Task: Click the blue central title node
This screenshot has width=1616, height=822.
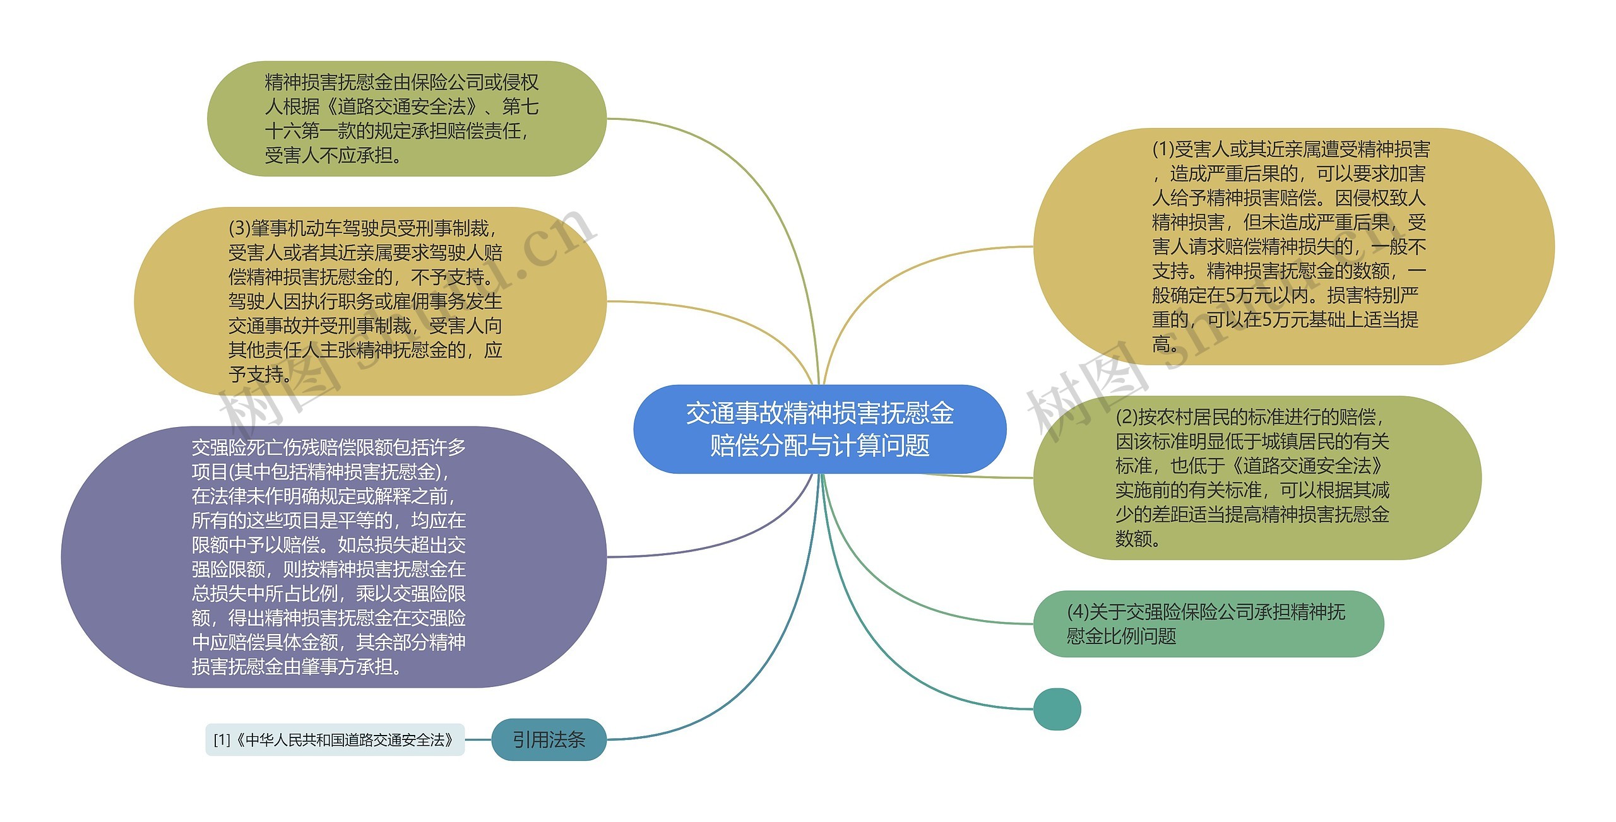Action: pyautogui.click(x=819, y=429)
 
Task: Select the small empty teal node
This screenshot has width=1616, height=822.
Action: pyautogui.click(x=1057, y=709)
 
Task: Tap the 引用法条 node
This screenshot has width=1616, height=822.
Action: pyautogui.click(x=548, y=739)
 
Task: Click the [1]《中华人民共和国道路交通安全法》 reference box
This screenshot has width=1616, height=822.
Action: pyautogui.click(x=335, y=739)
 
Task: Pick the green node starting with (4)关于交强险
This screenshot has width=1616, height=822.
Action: pyautogui.click(x=1207, y=623)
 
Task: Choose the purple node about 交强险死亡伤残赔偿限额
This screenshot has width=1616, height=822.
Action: pyautogui.click(x=333, y=556)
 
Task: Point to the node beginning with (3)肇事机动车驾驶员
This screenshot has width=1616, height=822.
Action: pyautogui.click(x=370, y=301)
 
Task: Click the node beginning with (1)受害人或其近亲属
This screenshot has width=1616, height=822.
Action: pyautogui.click(x=1293, y=246)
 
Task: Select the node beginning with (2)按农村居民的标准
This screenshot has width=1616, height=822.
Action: pyautogui.click(x=1256, y=478)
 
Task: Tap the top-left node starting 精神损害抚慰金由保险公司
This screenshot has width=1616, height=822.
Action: pyautogui.click(x=406, y=119)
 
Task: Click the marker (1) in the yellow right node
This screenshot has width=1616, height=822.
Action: pyautogui.click(x=1163, y=150)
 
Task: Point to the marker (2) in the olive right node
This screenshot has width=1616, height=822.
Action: pyautogui.click(x=1127, y=417)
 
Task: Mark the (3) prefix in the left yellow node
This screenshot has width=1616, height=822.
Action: pyautogui.click(x=239, y=228)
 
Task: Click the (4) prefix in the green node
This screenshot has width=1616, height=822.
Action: pyautogui.click(x=1078, y=612)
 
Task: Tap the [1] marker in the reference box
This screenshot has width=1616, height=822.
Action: pyautogui.click(x=222, y=740)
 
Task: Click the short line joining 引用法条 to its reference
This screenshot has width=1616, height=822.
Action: pyautogui.click(x=478, y=739)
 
